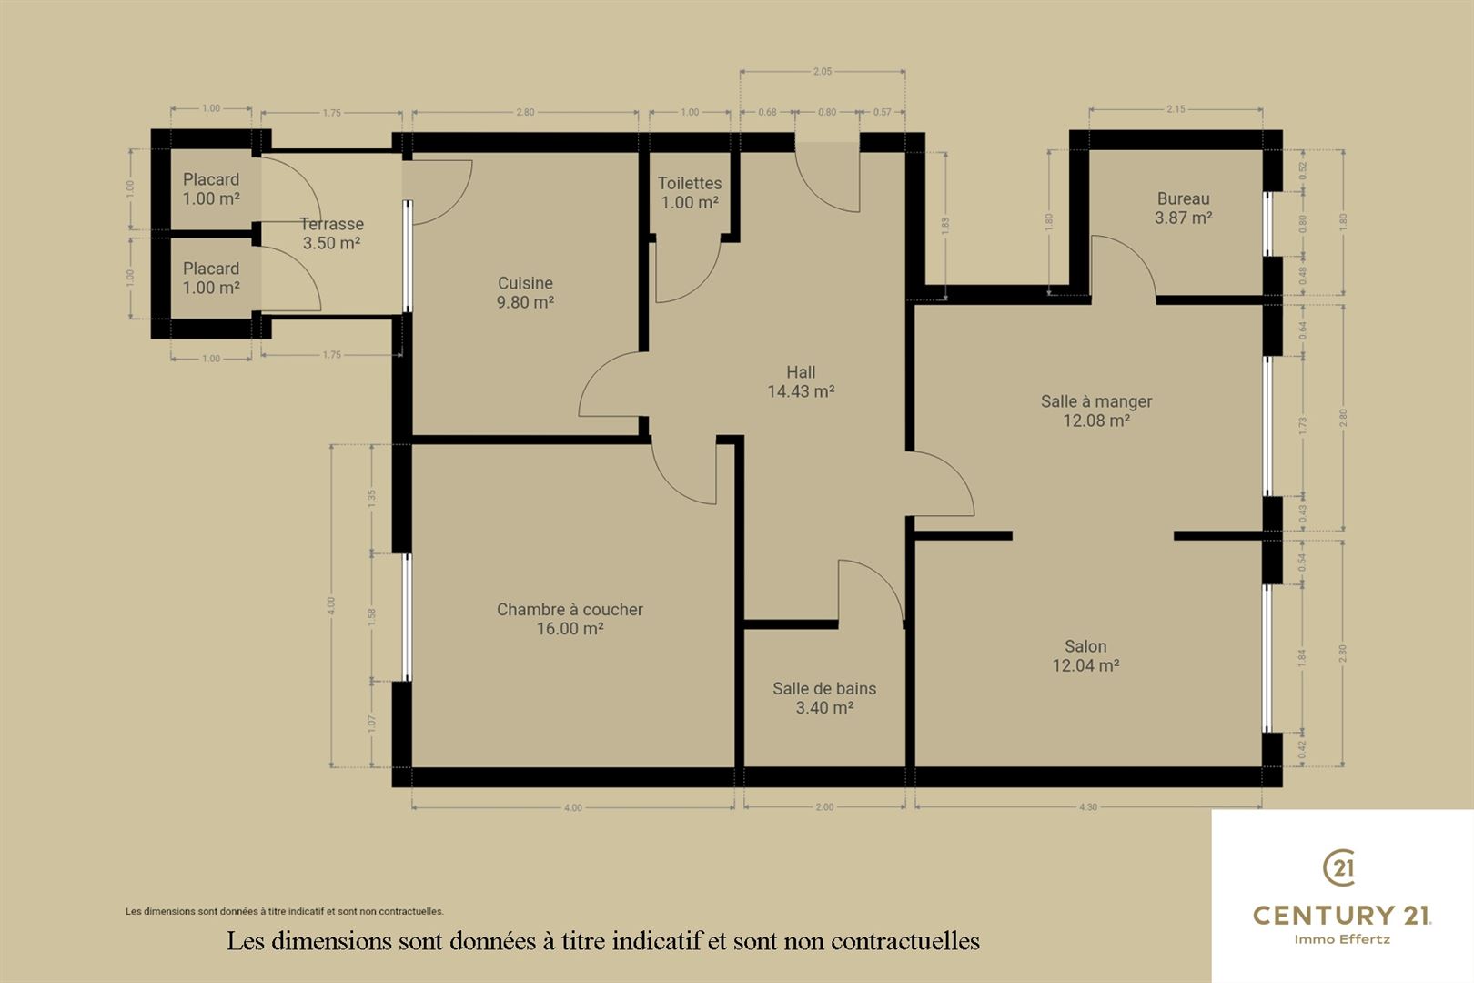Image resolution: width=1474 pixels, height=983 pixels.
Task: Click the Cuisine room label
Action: pos(525,292)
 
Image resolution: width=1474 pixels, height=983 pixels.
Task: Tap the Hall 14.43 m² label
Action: pos(801,382)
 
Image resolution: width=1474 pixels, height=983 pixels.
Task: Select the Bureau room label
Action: pos(1183,208)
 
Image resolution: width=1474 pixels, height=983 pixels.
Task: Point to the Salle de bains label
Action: pos(824,698)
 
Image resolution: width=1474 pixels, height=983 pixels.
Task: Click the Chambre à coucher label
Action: pos(570,619)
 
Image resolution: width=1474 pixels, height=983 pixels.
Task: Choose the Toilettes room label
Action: pos(690,192)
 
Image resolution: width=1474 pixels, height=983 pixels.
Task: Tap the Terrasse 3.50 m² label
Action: pos(331,233)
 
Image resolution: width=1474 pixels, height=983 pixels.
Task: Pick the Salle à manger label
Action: pos(1096,410)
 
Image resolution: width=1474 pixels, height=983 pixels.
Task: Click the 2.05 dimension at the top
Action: pos(823,71)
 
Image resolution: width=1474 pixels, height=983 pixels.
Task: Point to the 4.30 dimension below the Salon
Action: pos(1088,807)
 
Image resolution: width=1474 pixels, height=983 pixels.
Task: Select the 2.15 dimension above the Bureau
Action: pos(1176,109)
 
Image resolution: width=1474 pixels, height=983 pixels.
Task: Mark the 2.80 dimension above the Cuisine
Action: pos(525,113)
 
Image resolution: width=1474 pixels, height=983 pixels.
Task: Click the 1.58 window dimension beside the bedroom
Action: pos(372,618)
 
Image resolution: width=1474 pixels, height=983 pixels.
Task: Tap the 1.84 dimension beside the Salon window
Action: pos(1302,658)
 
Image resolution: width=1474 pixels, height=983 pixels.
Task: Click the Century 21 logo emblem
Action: pos(1340,867)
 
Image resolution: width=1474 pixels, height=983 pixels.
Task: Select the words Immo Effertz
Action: pos(1342,939)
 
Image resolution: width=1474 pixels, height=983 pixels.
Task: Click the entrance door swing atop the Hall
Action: pos(828,177)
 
